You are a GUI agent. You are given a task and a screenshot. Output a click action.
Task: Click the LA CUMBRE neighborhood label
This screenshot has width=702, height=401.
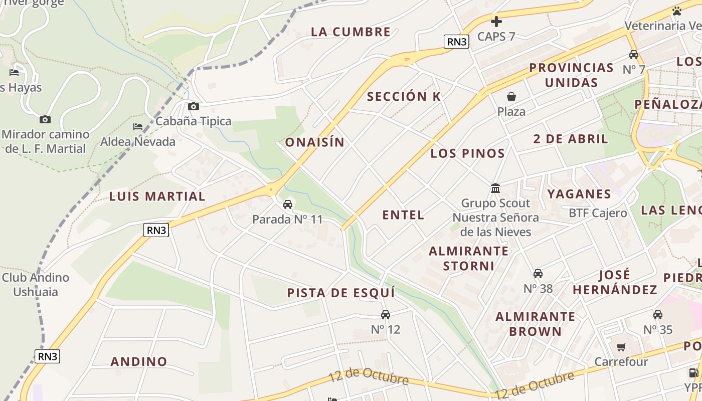pos(350,32)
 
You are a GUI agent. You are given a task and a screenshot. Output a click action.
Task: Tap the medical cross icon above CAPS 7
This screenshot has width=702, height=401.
pos(496,22)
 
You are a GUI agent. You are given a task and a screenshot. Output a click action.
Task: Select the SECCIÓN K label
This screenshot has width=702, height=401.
pos(404,97)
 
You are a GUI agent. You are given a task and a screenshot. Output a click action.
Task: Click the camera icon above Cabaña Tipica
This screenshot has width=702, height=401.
pos(193,106)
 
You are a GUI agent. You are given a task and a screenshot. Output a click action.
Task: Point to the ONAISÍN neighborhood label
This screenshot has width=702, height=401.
pos(315,142)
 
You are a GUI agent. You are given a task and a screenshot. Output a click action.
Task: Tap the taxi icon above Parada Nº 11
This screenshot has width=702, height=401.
pos(287,205)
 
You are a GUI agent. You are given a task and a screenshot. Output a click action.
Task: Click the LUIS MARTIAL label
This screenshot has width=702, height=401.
pos(157,196)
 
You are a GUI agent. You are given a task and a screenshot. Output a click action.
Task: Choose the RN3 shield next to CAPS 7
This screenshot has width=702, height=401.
pos(456,42)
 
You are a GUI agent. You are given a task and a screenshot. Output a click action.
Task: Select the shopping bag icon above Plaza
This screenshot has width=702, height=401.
pos(511,97)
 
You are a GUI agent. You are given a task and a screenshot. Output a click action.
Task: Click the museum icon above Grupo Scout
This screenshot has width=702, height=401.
pos(495,188)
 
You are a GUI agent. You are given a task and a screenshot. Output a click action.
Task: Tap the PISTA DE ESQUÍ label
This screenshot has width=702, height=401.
pos(341,293)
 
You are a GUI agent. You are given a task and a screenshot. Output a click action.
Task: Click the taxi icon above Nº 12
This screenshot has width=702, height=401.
pos(385,315)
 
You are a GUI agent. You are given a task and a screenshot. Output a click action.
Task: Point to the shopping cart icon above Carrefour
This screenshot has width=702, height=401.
pos(621,347)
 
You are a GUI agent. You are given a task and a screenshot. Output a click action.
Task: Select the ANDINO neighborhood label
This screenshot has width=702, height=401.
pos(139,361)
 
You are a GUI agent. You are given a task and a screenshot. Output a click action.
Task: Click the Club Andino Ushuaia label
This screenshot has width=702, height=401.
pos(36,285)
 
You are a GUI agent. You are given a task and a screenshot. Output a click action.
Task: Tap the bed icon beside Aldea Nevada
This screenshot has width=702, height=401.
pos(138,127)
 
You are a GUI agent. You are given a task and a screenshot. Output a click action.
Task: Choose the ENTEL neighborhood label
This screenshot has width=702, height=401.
pos(403,215)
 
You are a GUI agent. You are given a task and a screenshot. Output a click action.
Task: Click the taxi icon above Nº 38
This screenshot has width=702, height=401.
pos(538,274)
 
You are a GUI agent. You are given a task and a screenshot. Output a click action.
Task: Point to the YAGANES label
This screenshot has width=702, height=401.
pos(579,194)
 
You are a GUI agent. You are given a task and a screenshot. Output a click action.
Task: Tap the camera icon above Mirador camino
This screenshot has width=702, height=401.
pos(45,119)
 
